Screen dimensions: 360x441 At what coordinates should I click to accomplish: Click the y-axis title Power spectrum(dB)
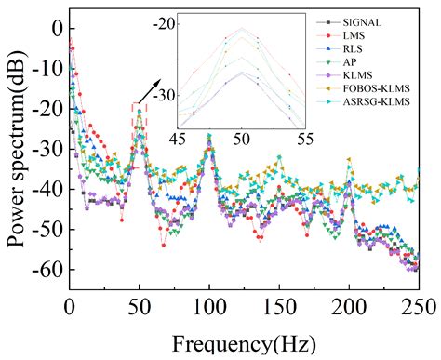(x=16, y=149)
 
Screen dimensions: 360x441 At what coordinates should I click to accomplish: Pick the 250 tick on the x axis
(x=419, y=307)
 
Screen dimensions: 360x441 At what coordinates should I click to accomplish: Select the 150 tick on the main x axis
(x=279, y=307)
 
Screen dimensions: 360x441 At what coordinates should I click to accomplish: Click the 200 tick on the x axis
(x=349, y=307)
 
